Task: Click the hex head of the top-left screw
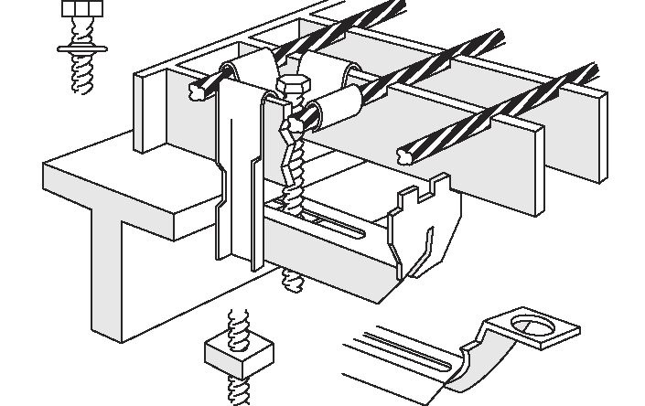80,11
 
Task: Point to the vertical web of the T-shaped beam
109,274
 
